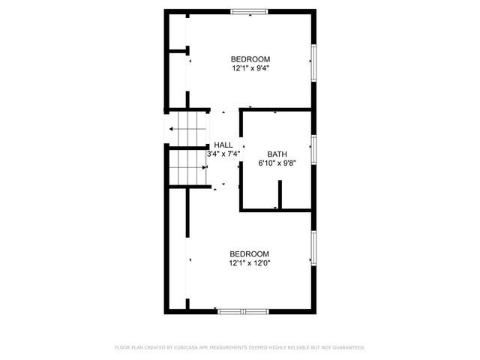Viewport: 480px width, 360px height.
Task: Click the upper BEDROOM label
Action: (250, 59)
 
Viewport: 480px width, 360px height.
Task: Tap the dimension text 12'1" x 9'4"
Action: (250, 68)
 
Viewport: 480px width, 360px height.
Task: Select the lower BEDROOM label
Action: (249, 254)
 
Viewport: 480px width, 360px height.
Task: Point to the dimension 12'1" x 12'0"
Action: (249, 263)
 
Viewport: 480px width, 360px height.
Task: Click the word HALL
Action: (223, 145)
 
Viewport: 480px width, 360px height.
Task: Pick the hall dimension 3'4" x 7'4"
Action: (223, 154)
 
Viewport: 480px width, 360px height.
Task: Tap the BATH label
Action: (277, 154)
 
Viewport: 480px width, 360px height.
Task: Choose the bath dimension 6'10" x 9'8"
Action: (277, 163)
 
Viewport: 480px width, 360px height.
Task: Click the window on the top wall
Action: (249, 11)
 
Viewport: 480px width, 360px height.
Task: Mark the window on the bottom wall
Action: (242, 310)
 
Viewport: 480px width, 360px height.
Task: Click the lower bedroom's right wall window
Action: (313, 248)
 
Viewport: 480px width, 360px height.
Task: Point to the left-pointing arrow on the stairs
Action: (174, 129)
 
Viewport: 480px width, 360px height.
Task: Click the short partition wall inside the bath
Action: (279, 196)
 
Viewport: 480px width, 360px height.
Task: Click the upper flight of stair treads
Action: (187, 128)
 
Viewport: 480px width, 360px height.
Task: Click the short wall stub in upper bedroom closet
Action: (177, 51)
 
